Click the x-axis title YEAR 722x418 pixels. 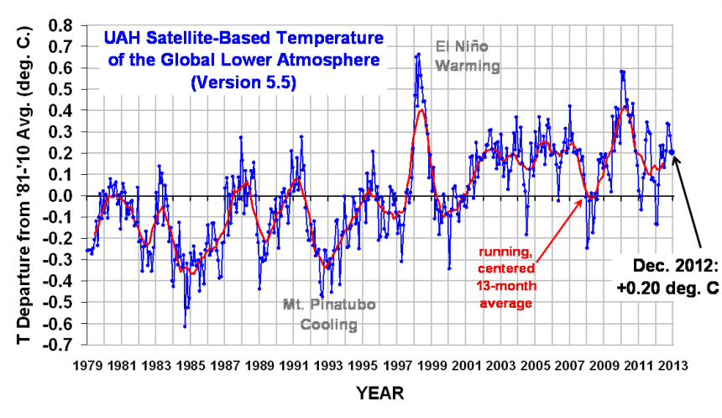click(x=379, y=393)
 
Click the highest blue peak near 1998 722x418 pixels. click(x=418, y=55)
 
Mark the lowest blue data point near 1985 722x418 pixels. click(x=185, y=325)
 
